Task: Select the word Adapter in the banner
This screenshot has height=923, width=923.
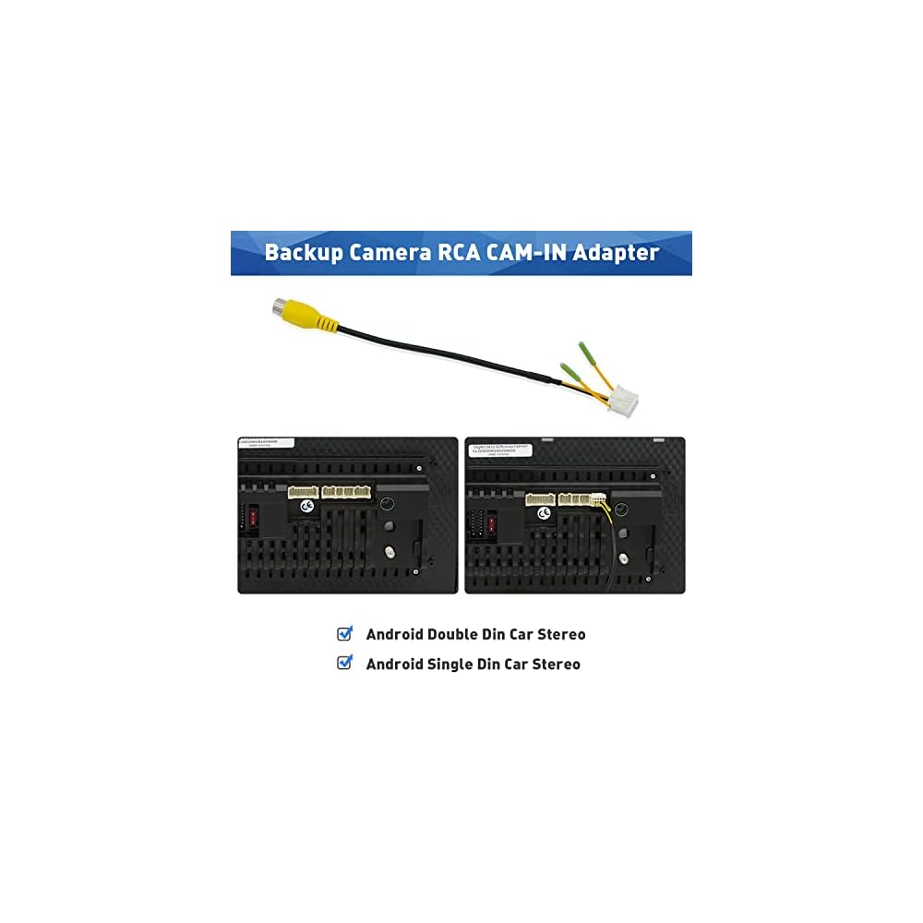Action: pyautogui.click(x=616, y=253)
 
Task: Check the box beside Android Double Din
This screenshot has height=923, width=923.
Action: pyautogui.click(x=345, y=634)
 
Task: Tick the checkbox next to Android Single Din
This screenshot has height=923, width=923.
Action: pyautogui.click(x=345, y=663)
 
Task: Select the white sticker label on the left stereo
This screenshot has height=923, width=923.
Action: pyautogui.click(x=266, y=443)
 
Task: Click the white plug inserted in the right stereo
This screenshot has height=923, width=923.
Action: pyautogui.click(x=598, y=500)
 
